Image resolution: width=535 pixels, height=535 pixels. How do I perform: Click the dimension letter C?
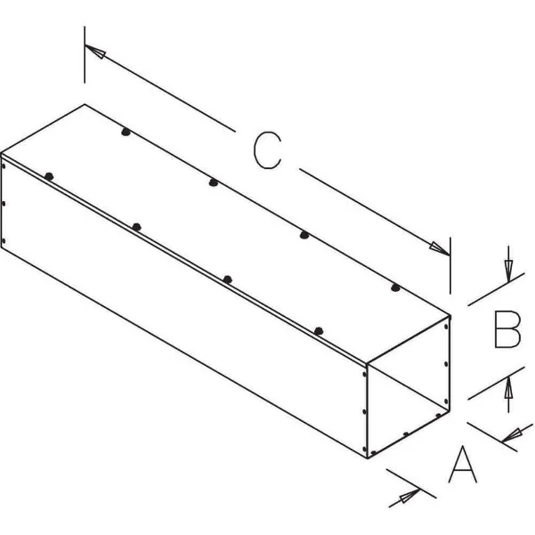coord(267,150)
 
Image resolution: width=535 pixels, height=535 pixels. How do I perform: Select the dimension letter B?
coord(507,329)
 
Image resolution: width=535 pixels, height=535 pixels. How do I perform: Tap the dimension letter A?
coord(462,465)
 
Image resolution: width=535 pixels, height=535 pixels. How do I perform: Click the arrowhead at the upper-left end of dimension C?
coord(95,51)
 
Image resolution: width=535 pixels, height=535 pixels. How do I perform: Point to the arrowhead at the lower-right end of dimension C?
coord(440,248)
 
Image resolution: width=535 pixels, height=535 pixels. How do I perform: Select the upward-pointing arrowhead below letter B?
coord(508,387)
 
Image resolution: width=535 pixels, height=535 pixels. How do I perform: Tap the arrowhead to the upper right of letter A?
coord(513,435)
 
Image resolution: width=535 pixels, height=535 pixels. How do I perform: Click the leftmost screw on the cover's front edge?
coord(49,176)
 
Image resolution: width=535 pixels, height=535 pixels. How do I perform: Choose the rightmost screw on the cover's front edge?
coord(319,330)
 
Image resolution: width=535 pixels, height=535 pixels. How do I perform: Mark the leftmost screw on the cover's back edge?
coord(126,132)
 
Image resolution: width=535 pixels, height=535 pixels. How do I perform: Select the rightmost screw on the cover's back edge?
coord(395,288)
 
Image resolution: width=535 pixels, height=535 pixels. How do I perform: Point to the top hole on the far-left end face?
coord(4,166)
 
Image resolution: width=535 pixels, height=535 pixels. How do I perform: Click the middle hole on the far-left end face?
coord(4,204)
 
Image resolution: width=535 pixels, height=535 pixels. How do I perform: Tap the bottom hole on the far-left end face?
coord(4,241)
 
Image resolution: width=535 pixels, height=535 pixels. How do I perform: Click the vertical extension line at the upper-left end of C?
coord(85,54)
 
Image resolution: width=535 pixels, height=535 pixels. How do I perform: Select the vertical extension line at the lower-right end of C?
coord(450,265)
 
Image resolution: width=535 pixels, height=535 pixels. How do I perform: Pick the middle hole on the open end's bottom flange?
coord(406,434)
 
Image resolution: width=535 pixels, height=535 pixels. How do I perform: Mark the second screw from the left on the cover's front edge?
coord(136,227)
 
